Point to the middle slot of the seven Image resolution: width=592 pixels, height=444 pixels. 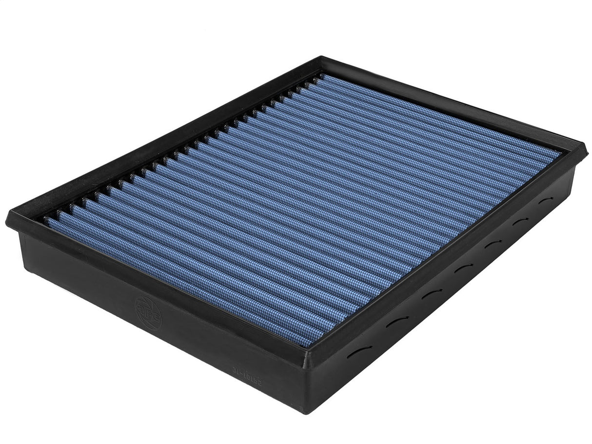click(462, 267)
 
